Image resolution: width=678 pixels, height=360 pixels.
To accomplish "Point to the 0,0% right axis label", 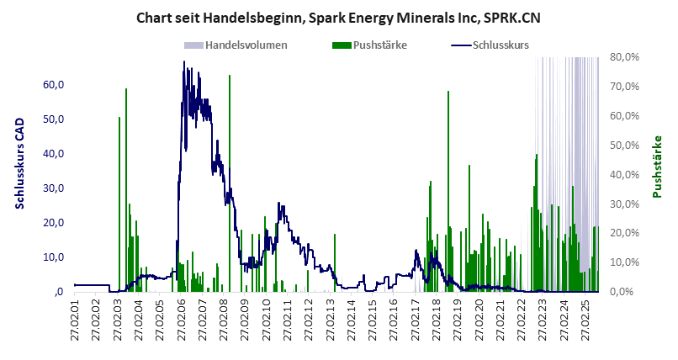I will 627,292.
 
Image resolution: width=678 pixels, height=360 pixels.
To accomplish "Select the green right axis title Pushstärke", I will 658,167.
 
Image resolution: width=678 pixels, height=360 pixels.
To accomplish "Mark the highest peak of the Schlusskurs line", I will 184,61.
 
